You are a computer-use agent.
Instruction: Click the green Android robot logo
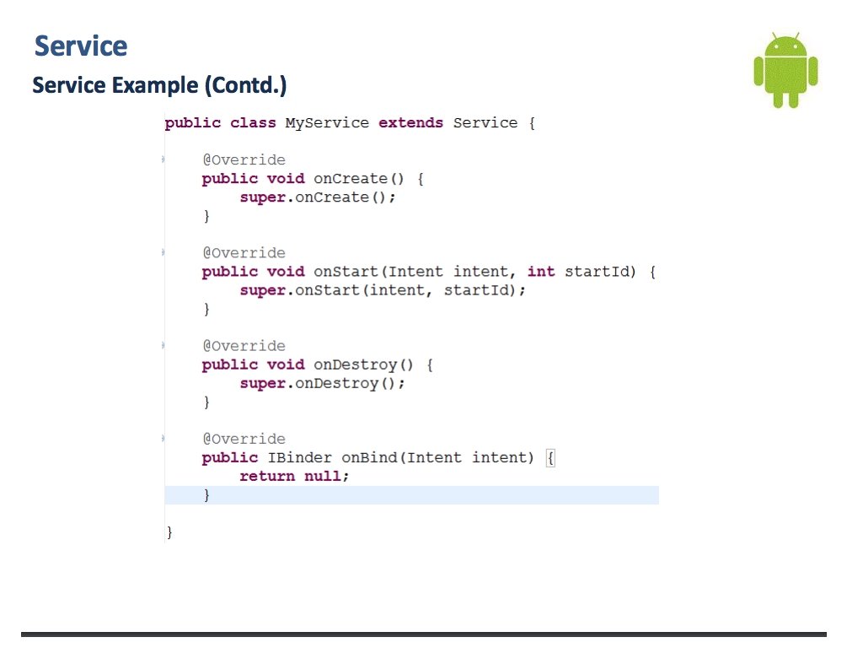pos(785,71)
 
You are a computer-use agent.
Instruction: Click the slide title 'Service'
pos(81,46)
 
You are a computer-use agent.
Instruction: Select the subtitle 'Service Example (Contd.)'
pos(159,85)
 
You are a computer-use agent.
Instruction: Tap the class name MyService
pos(327,123)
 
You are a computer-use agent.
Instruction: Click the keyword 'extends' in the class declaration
pos(410,123)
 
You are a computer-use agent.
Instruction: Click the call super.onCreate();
pos(318,197)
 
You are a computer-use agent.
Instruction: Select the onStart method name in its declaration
pos(348,272)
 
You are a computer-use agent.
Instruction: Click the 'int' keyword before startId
pos(541,272)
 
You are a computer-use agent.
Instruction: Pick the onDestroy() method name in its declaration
pos(366,364)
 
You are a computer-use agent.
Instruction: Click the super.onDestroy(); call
pos(322,383)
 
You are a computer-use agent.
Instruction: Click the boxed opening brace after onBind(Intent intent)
pos(550,458)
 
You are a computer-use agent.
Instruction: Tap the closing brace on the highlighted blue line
pos(206,495)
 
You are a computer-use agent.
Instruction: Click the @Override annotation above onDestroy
pos(244,346)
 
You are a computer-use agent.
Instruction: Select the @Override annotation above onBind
pos(244,439)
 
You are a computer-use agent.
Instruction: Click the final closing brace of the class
pos(169,532)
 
